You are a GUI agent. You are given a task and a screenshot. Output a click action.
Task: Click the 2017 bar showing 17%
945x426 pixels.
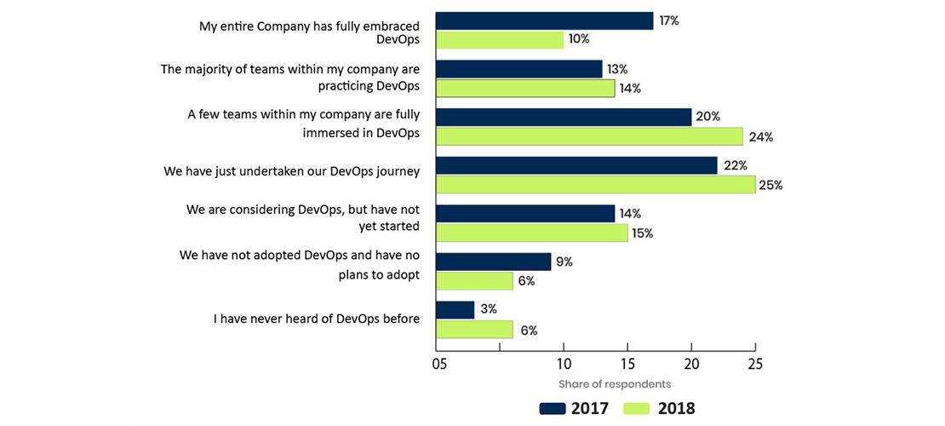click(544, 21)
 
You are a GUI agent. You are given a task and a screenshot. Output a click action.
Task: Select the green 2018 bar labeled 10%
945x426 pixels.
click(500, 40)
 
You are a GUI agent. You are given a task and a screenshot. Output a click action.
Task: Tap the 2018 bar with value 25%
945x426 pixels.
click(595, 185)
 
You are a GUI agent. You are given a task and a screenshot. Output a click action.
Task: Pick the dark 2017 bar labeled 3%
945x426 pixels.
click(455, 310)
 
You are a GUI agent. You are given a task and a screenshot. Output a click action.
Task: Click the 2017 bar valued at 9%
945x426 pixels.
click(493, 262)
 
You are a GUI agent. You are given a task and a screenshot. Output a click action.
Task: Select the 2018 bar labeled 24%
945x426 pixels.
click(589, 136)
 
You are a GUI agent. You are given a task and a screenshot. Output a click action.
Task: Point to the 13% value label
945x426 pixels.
click(617, 69)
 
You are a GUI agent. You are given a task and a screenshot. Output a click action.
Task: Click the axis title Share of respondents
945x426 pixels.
click(615, 384)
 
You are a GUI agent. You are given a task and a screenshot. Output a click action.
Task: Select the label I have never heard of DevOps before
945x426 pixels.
click(317, 319)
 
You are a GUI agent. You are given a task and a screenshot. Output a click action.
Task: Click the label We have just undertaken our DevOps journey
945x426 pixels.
click(292, 171)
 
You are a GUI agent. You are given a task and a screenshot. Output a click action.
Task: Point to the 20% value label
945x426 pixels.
click(707, 116)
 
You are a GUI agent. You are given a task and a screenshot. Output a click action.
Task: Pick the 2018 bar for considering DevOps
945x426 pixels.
click(531, 233)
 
